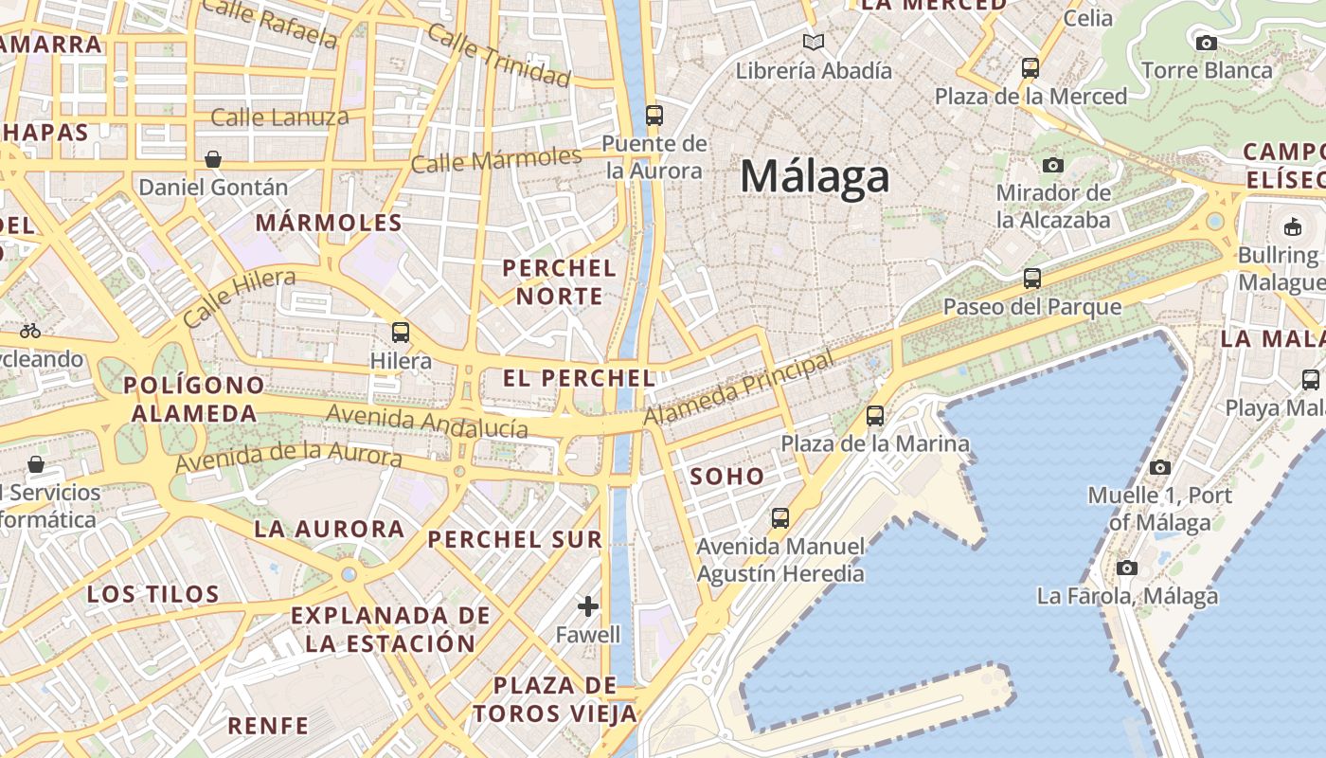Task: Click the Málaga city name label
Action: coord(815,177)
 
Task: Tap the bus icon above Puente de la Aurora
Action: coord(654,116)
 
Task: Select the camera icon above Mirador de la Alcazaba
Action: coord(1052,165)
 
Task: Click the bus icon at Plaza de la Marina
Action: coord(875,416)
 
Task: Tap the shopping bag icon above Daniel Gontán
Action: coord(213,159)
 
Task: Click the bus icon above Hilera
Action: coord(401,333)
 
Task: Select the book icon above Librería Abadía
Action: coord(814,42)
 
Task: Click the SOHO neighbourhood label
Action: coord(727,477)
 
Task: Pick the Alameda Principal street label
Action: coord(739,388)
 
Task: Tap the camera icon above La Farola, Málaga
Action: coord(1126,568)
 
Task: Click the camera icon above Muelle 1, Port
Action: coord(1160,467)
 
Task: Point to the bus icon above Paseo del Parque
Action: coord(1032,279)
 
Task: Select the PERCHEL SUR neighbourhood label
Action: coord(515,540)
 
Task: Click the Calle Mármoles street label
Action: coord(495,160)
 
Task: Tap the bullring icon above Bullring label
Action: coord(1292,226)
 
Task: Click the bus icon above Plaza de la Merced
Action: coord(1030,68)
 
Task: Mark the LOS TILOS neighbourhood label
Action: coord(153,595)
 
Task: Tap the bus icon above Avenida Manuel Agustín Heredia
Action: coord(780,518)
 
